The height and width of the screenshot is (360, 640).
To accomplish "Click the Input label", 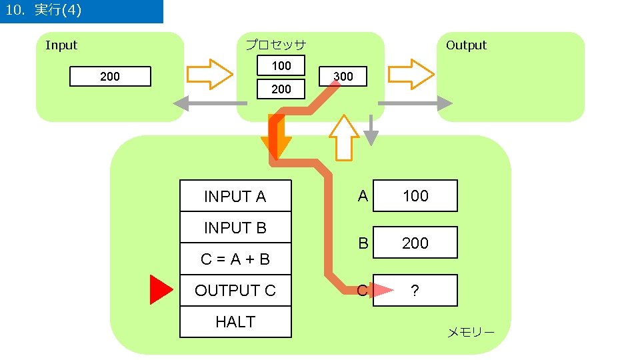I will [61, 45].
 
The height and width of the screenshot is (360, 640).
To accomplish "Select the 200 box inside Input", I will [110, 77].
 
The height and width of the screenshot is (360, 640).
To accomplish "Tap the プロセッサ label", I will [275, 45].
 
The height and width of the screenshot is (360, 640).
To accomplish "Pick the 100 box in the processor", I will [281, 65].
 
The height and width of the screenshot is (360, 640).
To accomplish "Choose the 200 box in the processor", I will [281, 89].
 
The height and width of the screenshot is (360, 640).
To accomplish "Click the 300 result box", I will [343, 76].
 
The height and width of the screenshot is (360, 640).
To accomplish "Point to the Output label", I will [466, 45].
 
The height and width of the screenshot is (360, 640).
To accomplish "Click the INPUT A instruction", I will [235, 196].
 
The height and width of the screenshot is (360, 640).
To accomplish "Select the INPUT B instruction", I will [235, 227].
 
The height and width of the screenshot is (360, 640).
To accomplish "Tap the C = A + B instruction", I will [235, 259].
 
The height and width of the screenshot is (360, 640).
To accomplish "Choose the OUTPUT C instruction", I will [235, 290].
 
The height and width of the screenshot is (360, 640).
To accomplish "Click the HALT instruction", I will [235, 321].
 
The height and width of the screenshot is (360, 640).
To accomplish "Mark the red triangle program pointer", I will [160, 290].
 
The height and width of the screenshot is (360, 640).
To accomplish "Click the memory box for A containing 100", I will [415, 195].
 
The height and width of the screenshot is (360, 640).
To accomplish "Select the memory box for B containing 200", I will [415, 243].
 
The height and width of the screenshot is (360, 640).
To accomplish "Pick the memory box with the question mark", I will [415, 290].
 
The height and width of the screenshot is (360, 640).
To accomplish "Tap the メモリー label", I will [471, 332].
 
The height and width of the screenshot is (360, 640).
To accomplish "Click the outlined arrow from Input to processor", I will [209, 74].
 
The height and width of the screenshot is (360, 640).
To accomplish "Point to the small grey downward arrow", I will [371, 130].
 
